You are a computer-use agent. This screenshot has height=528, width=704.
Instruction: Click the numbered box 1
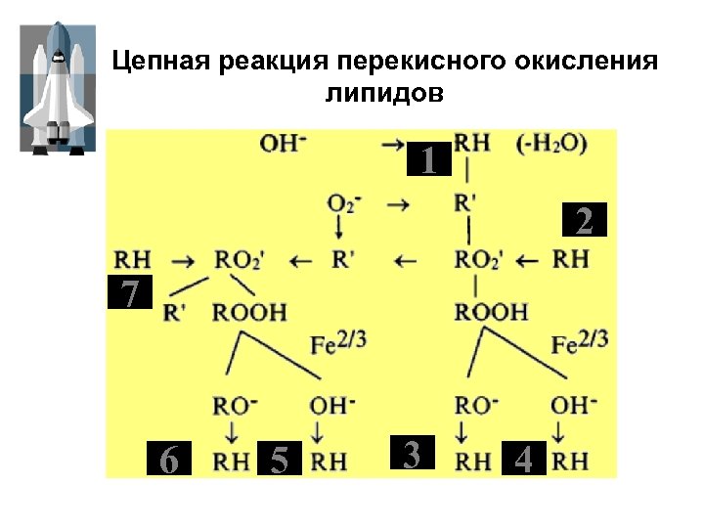(x=428, y=159)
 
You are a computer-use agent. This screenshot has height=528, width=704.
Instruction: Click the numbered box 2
(x=583, y=222)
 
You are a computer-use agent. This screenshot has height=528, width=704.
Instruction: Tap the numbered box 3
(x=412, y=454)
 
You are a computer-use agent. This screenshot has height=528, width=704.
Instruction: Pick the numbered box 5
(x=280, y=459)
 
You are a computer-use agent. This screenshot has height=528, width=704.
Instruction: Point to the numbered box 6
(x=168, y=459)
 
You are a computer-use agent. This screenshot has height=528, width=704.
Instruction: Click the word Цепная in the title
(x=160, y=63)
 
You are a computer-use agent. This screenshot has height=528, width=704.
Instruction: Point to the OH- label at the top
(x=284, y=143)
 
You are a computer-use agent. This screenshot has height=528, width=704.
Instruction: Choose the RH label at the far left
(x=133, y=260)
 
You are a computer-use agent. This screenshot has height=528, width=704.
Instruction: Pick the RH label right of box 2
(x=571, y=260)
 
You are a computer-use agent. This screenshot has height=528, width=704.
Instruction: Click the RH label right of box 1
(x=472, y=143)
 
